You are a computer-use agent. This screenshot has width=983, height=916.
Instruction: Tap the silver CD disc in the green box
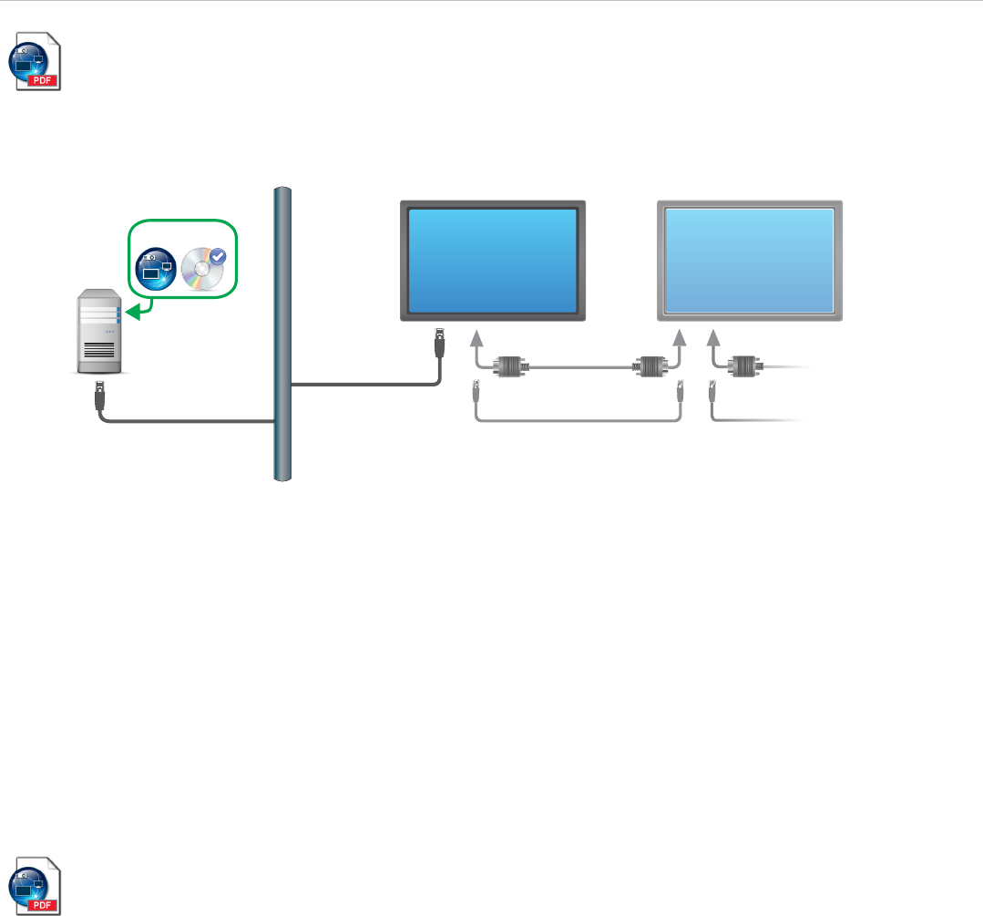click(x=201, y=271)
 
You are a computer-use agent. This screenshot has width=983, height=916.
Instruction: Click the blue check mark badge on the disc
click(x=218, y=259)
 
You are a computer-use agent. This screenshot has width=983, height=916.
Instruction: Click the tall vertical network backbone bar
click(x=282, y=333)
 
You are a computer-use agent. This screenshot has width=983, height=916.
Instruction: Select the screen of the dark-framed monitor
click(x=492, y=260)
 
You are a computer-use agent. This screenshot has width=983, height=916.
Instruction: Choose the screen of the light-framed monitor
click(x=750, y=260)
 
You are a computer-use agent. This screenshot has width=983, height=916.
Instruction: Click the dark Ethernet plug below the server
click(x=98, y=396)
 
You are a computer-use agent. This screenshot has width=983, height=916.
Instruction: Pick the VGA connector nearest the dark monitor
click(x=508, y=367)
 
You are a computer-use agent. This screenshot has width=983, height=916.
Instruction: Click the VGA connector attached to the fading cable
click(x=748, y=367)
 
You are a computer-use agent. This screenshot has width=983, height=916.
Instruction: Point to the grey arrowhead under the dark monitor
click(x=476, y=340)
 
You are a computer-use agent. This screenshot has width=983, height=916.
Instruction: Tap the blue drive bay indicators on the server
click(x=118, y=312)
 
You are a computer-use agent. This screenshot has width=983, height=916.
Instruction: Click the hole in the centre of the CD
click(x=200, y=272)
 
